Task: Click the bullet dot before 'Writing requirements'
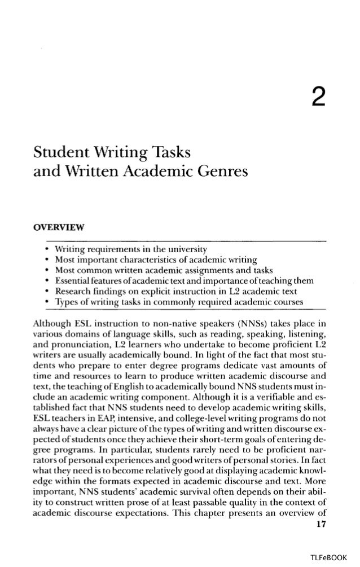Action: point(45,249)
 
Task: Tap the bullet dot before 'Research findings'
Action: point(45,292)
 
